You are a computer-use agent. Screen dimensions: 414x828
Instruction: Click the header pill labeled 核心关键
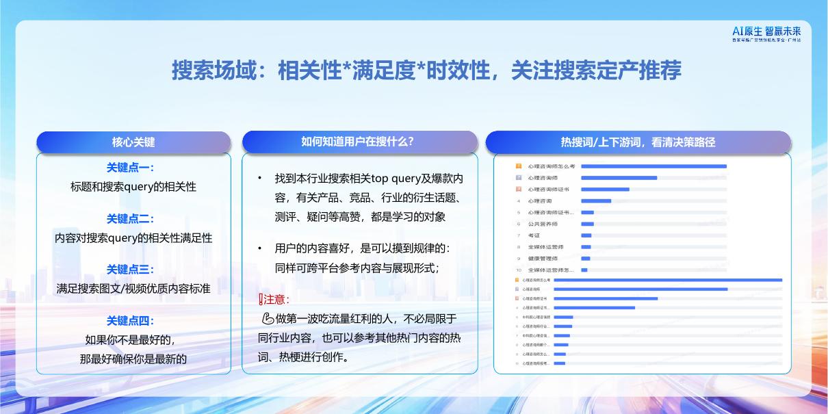click(133, 142)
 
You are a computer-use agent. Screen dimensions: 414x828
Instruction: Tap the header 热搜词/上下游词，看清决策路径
click(638, 142)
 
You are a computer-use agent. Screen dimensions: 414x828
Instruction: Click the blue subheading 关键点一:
click(131, 168)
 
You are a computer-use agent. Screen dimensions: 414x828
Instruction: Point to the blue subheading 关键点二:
click(131, 219)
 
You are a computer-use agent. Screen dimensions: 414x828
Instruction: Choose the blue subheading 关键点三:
click(131, 270)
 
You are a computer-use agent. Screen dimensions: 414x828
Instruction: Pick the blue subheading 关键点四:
click(131, 321)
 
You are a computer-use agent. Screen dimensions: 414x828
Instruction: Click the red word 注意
click(276, 300)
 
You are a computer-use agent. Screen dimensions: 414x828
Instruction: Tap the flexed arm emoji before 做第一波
click(268, 319)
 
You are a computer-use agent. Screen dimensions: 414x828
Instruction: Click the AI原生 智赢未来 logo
click(766, 34)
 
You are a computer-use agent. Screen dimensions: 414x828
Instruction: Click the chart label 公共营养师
click(543, 224)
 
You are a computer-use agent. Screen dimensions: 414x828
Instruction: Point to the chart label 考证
click(534, 235)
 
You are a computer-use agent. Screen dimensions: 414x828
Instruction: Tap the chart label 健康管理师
click(543, 259)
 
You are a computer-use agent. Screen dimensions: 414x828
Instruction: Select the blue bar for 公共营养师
click(587, 224)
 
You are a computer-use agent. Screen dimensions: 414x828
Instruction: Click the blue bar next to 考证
click(586, 235)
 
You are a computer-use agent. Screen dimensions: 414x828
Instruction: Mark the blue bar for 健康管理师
click(585, 259)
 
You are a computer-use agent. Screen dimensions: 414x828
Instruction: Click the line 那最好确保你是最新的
click(133, 359)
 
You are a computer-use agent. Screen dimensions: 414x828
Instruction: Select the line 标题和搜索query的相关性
click(133, 187)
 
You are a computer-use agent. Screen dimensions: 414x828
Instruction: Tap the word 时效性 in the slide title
click(456, 70)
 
